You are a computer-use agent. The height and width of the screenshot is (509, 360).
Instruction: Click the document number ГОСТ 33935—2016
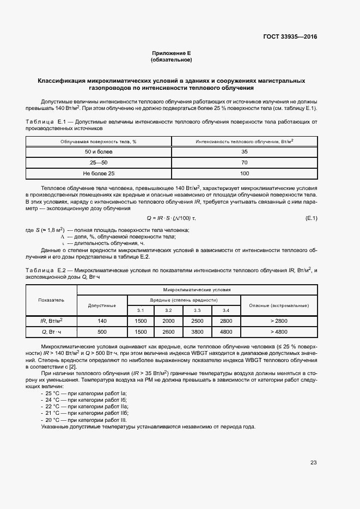(x=290, y=37)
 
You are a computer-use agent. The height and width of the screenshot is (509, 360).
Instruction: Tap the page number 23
(x=313, y=463)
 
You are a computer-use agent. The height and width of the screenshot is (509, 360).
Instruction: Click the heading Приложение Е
(x=172, y=53)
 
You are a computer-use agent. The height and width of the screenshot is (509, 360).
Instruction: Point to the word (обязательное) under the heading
(x=172, y=60)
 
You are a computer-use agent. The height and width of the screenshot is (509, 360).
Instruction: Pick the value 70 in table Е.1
(x=244, y=162)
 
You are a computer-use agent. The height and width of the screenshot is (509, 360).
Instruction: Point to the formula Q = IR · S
(x=171, y=218)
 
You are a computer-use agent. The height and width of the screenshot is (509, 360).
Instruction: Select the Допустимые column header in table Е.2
(x=102, y=305)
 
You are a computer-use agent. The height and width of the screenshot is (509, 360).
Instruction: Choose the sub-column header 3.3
(x=197, y=310)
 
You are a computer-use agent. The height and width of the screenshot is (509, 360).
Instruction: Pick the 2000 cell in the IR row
(x=169, y=321)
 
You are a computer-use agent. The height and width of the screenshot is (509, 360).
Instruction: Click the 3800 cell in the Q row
(x=197, y=332)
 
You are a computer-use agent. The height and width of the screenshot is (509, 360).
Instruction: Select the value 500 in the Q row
(x=102, y=332)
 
